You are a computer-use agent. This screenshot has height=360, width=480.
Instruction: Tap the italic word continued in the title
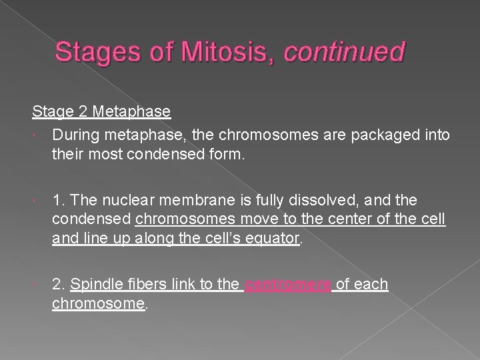pos(344,52)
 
